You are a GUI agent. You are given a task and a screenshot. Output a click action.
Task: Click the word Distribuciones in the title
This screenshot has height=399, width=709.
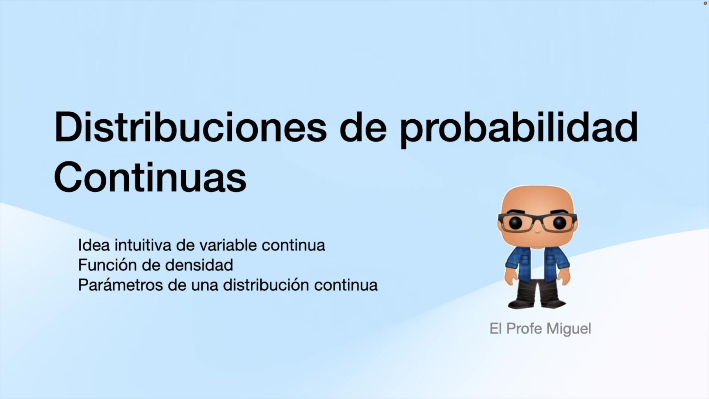pyautogui.click(x=191, y=127)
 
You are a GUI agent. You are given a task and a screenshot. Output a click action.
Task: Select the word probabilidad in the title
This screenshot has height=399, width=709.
pyautogui.click(x=519, y=129)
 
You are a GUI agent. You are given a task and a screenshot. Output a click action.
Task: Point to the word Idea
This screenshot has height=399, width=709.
pyautogui.click(x=94, y=245)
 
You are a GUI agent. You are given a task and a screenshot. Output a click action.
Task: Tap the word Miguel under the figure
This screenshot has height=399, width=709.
pyautogui.click(x=569, y=329)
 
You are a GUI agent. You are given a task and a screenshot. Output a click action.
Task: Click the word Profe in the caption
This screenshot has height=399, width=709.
pyautogui.click(x=524, y=328)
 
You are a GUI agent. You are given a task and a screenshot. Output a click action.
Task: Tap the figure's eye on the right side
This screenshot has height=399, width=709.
pyautogui.click(x=559, y=222)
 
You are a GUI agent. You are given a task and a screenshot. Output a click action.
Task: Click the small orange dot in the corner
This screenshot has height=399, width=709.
pyautogui.click(x=705, y=3)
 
